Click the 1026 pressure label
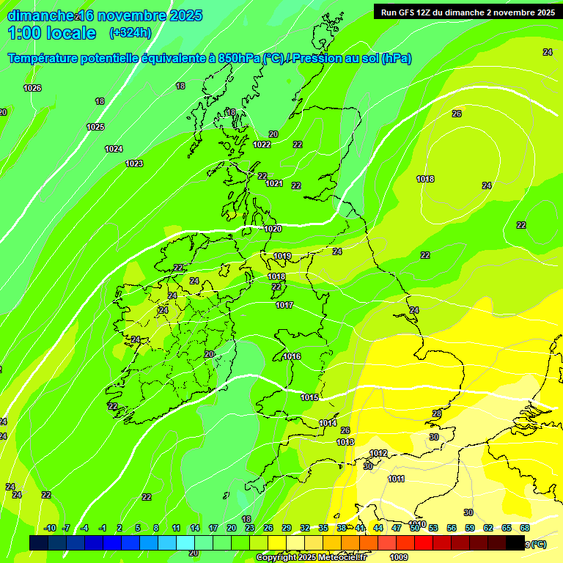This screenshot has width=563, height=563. pos(32,88)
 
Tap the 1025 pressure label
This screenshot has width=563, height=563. pos(95,127)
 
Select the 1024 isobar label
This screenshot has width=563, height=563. pos(114,149)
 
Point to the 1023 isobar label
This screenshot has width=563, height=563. pos(134,163)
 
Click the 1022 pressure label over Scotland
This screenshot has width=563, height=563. pos(262,144)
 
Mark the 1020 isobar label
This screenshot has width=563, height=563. pos(273,229)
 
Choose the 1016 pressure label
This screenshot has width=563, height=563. pos(292,356)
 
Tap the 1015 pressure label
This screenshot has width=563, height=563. pos(309,397)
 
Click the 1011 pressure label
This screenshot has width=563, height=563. pos(396,479)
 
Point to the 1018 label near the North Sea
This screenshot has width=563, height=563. pos(425,179)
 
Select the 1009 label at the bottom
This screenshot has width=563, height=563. pos(400,557)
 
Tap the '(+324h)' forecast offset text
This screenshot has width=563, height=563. pos(130,32)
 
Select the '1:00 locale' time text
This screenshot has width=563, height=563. pos(52,33)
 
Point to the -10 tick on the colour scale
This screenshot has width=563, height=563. pos(50,528)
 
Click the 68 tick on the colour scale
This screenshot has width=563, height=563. pos(525,528)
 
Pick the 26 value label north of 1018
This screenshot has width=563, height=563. pos(457,114)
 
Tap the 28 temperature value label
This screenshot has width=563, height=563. pos(437,414)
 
